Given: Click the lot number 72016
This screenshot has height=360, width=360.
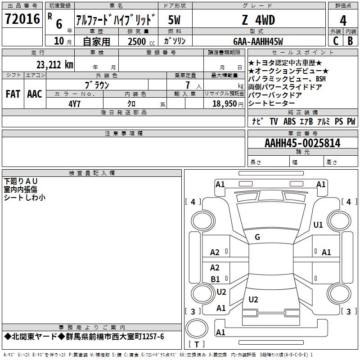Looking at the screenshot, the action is coord(22,19).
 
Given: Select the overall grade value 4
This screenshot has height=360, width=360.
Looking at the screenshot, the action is coord(343,20).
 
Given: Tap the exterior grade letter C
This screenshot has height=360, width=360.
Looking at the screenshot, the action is coord(336,41).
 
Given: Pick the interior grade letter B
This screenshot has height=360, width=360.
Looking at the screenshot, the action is coord(350,41).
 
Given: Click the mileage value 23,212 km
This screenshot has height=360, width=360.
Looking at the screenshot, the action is coord(54,65).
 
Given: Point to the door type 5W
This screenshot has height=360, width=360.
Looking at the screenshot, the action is coord(174,20).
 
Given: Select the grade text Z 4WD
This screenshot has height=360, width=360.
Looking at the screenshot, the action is coord(258,20).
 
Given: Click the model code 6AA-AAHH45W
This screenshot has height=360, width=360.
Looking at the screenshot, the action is coord(258,41).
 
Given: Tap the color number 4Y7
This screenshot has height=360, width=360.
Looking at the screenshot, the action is coord(74,104).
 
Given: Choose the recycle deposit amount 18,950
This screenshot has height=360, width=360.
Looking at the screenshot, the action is coord(225,104).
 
